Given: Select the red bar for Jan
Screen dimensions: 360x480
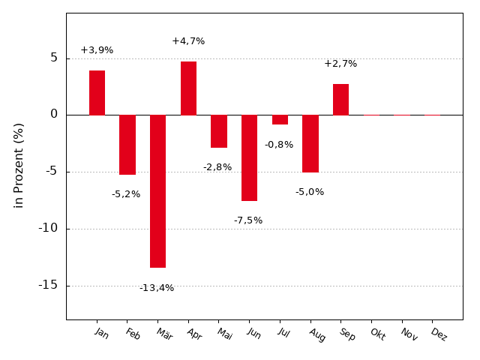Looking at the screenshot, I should pyautogui.click(x=97, y=92).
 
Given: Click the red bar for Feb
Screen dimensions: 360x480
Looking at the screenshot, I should pyautogui.click(x=127, y=145).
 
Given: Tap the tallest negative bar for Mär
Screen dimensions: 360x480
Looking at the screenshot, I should pyautogui.click(x=157, y=191).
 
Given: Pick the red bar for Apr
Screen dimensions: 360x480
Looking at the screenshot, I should pyautogui.click(x=188, y=88).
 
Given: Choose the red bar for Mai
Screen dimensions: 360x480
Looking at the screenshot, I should pyautogui.click(x=219, y=131).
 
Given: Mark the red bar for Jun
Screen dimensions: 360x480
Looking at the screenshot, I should pyautogui.click(x=249, y=157).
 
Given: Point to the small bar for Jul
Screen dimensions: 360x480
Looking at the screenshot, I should pyautogui.click(x=280, y=119).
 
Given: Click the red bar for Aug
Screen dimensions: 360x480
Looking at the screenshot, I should pyautogui.click(x=310, y=143).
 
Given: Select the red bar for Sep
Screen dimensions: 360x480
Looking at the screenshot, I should pyautogui.click(x=340, y=99).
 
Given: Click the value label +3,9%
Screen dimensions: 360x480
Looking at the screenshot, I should pyautogui.click(x=97, y=50).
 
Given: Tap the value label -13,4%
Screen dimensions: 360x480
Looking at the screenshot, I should pyautogui.click(x=157, y=288).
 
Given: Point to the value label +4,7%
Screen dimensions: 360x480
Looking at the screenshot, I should pyautogui.click(x=188, y=41).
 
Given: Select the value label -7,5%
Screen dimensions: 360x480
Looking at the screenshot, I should pyautogui.click(x=248, y=220).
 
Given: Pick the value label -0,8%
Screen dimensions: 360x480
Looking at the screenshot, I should pyautogui.click(x=279, y=145).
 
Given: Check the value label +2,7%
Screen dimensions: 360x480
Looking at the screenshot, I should pyautogui.click(x=340, y=64).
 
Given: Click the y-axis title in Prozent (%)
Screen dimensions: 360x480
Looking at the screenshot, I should pyautogui.click(x=19, y=165).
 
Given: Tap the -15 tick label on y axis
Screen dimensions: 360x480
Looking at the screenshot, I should pyautogui.click(x=48, y=285).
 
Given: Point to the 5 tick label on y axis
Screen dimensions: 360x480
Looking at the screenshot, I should pyautogui.click(x=54, y=58).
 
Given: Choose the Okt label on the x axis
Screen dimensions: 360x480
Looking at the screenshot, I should pyautogui.click(x=376, y=334).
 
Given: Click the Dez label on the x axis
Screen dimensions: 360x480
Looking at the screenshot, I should pyautogui.click(x=438, y=334).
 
